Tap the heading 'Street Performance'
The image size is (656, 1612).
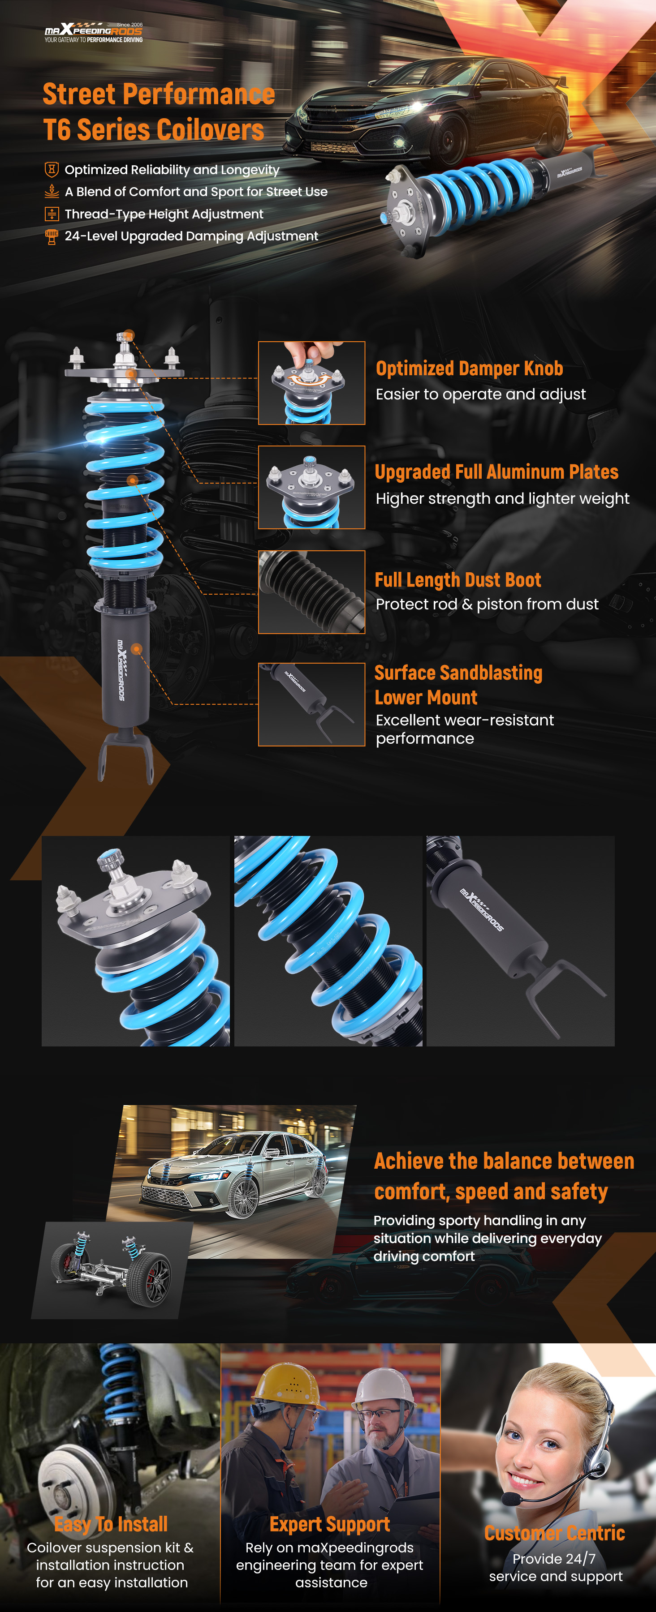click(159, 94)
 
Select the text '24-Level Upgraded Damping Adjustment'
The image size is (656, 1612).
click(191, 236)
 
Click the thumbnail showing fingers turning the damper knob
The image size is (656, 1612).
click(312, 383)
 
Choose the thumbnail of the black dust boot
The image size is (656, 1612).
click(312, 592)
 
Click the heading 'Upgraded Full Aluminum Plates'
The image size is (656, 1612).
click(496, 472)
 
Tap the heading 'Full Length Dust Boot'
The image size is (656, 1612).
click(457, 580)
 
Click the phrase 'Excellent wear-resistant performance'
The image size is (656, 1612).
click(465, 729)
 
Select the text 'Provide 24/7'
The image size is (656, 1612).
click(554, 1559)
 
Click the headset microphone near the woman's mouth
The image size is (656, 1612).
click(512, 1499)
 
